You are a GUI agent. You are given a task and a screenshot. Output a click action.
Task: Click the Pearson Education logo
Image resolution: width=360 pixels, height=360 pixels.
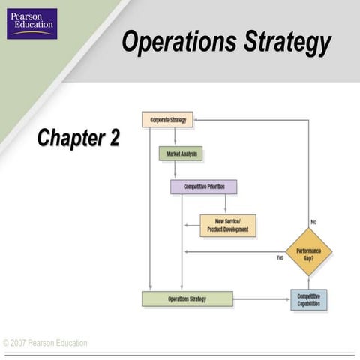click(32, 23)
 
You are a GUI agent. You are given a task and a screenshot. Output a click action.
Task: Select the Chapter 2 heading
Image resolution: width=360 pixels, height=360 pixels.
click(78, 138)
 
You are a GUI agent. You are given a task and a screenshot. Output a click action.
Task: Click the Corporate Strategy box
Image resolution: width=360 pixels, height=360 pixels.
click(167, 119)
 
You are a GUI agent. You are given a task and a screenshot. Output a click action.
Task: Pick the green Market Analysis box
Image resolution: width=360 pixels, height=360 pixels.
click(180, 154)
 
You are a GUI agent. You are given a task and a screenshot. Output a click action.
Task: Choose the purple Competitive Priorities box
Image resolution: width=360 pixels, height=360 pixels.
click(203, 187)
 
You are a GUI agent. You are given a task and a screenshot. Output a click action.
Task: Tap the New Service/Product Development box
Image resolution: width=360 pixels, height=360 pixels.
click(227, 225)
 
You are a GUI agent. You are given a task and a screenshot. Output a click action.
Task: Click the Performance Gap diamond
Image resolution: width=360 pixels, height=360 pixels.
click(308, 252)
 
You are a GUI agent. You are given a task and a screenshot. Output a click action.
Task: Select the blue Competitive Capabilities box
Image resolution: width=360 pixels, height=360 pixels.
click(308, 299)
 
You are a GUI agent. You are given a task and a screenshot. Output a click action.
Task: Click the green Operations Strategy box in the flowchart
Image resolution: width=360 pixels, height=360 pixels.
click(187, 298)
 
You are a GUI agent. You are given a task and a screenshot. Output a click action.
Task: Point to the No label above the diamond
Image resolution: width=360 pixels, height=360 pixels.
click(313, 222)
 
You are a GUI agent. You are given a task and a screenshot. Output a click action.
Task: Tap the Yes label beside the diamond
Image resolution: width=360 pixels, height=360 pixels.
click(280, 257)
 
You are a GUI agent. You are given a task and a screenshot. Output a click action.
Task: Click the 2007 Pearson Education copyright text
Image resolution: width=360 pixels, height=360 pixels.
click(45, 343)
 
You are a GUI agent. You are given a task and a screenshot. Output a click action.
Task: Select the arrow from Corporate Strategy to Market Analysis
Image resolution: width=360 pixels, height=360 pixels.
click(175, 136)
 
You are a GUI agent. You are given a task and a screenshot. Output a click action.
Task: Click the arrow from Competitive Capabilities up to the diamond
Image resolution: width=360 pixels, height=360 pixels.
click(308, 282)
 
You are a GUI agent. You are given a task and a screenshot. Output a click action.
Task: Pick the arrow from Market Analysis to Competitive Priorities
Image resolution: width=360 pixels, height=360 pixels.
click(175, 170)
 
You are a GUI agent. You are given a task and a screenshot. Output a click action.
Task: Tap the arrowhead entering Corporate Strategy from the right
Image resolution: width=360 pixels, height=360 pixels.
click(197, 120)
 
